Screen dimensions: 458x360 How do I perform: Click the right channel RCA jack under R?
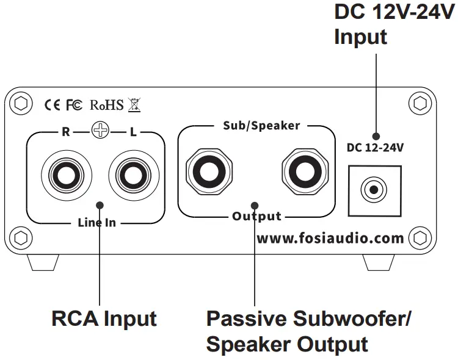(67, 176)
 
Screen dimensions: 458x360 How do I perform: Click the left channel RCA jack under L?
(134, 176)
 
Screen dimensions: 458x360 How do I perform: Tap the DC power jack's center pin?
(374, 190)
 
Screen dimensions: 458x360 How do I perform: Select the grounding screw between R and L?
(100, 130)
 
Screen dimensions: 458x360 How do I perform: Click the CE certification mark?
(52, 105)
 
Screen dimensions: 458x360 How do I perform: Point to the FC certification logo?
(74, 105)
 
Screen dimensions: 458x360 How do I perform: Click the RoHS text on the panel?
(107, 105)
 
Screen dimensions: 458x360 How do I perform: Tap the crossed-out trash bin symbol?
(134, 105)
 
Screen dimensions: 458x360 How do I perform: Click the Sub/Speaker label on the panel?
(261, 126)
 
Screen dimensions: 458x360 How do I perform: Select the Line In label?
(96, 223)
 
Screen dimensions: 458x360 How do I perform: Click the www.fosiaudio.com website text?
(330, 238)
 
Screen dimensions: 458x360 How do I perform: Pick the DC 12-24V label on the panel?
(375, 148)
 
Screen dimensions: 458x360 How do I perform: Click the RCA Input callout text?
(104, 319)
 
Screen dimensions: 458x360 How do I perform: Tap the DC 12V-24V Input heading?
(394, 24)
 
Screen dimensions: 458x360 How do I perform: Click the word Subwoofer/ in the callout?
(352, 319)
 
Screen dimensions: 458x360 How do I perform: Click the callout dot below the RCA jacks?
(100, 205)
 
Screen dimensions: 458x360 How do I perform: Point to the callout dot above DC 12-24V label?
(376, 136)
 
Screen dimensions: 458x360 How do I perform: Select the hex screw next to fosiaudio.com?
(420, 238)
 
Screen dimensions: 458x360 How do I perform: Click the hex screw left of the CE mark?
(21, 103)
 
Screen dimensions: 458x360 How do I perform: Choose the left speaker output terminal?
(209, 171)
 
